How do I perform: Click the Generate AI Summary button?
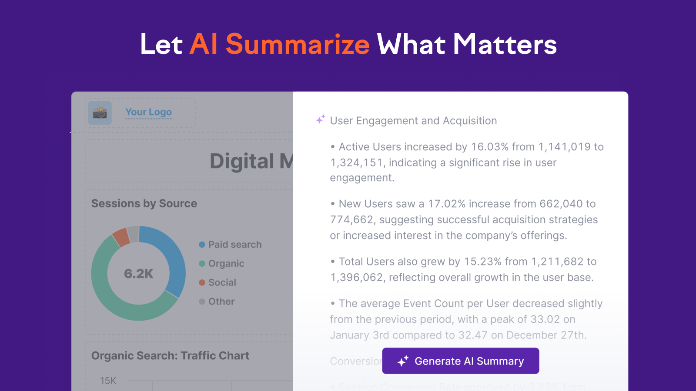coord(460,361)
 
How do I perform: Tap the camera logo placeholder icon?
coord(100,113)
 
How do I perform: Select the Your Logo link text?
coord(148,112)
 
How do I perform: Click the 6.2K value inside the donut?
coord(138,274)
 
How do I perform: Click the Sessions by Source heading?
coord(144,203)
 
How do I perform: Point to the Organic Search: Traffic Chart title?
coord(170,355)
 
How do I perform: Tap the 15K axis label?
coord(108,381)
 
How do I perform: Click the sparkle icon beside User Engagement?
coord(321,119)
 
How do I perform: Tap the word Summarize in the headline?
coord(298,44)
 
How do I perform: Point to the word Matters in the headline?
coord(505,44)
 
